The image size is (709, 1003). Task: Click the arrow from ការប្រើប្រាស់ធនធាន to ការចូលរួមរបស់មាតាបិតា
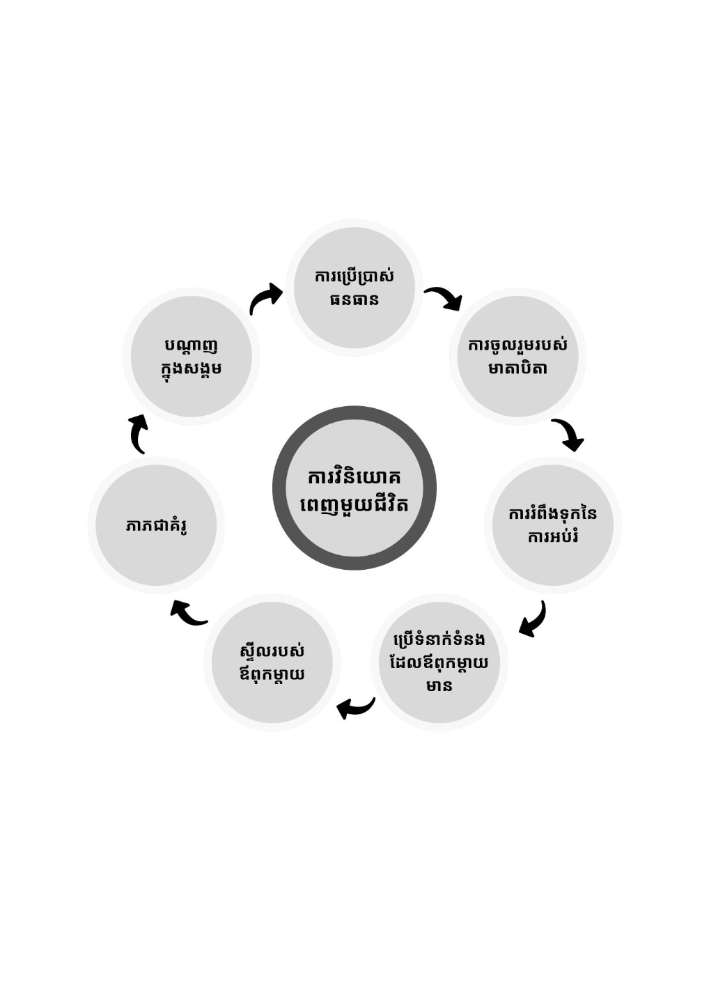tap(444, 298)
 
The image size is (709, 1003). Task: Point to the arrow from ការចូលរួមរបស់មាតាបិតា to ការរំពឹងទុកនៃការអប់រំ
tap(568, 434)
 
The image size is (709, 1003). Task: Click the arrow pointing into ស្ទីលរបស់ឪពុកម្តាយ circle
tap(356, 708)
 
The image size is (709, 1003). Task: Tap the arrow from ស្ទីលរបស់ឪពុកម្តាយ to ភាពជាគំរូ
tap(188, 612)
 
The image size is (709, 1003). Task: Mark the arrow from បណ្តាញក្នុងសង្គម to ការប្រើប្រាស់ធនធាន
tap(265, 299)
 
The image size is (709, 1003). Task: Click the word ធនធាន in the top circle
tap(354, 300)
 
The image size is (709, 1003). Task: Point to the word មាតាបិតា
tap(517, 368)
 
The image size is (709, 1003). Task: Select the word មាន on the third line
tap(439, 685)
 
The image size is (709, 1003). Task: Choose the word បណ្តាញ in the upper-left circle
tap(191, 345)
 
